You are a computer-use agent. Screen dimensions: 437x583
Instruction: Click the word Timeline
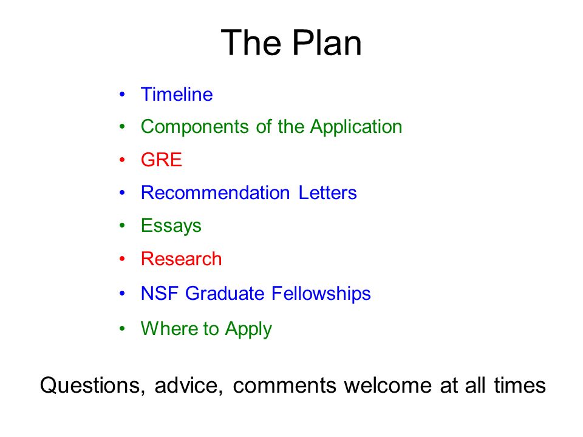pyautogui.click(x=177, y=95)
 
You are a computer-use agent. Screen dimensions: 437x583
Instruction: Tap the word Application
pyautogui.click(x=356, y=127)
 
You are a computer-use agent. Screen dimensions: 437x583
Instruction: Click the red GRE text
pyautogui.click(x=161, y=160)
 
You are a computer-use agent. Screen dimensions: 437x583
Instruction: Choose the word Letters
pyautogui.click(x=327, y=193)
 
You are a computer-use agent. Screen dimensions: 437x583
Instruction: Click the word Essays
pyautogui.click(x=171, y=226)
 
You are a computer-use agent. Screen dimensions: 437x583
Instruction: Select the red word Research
pyautogui.click(x=181, y=259)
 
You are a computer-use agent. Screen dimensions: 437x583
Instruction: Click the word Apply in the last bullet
pyautogui.click(x=248, y=330)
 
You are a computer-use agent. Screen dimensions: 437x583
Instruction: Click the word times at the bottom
pyautogui.click(x=520, y=385)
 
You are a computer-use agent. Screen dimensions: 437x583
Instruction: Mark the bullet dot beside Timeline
pyautogui.click(x=123, y=95)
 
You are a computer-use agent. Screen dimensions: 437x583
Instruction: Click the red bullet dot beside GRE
pyautogui.click(x=123, y=160)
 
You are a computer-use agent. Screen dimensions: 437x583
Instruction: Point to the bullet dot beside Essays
pyautogui.click(x=123, y=226)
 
